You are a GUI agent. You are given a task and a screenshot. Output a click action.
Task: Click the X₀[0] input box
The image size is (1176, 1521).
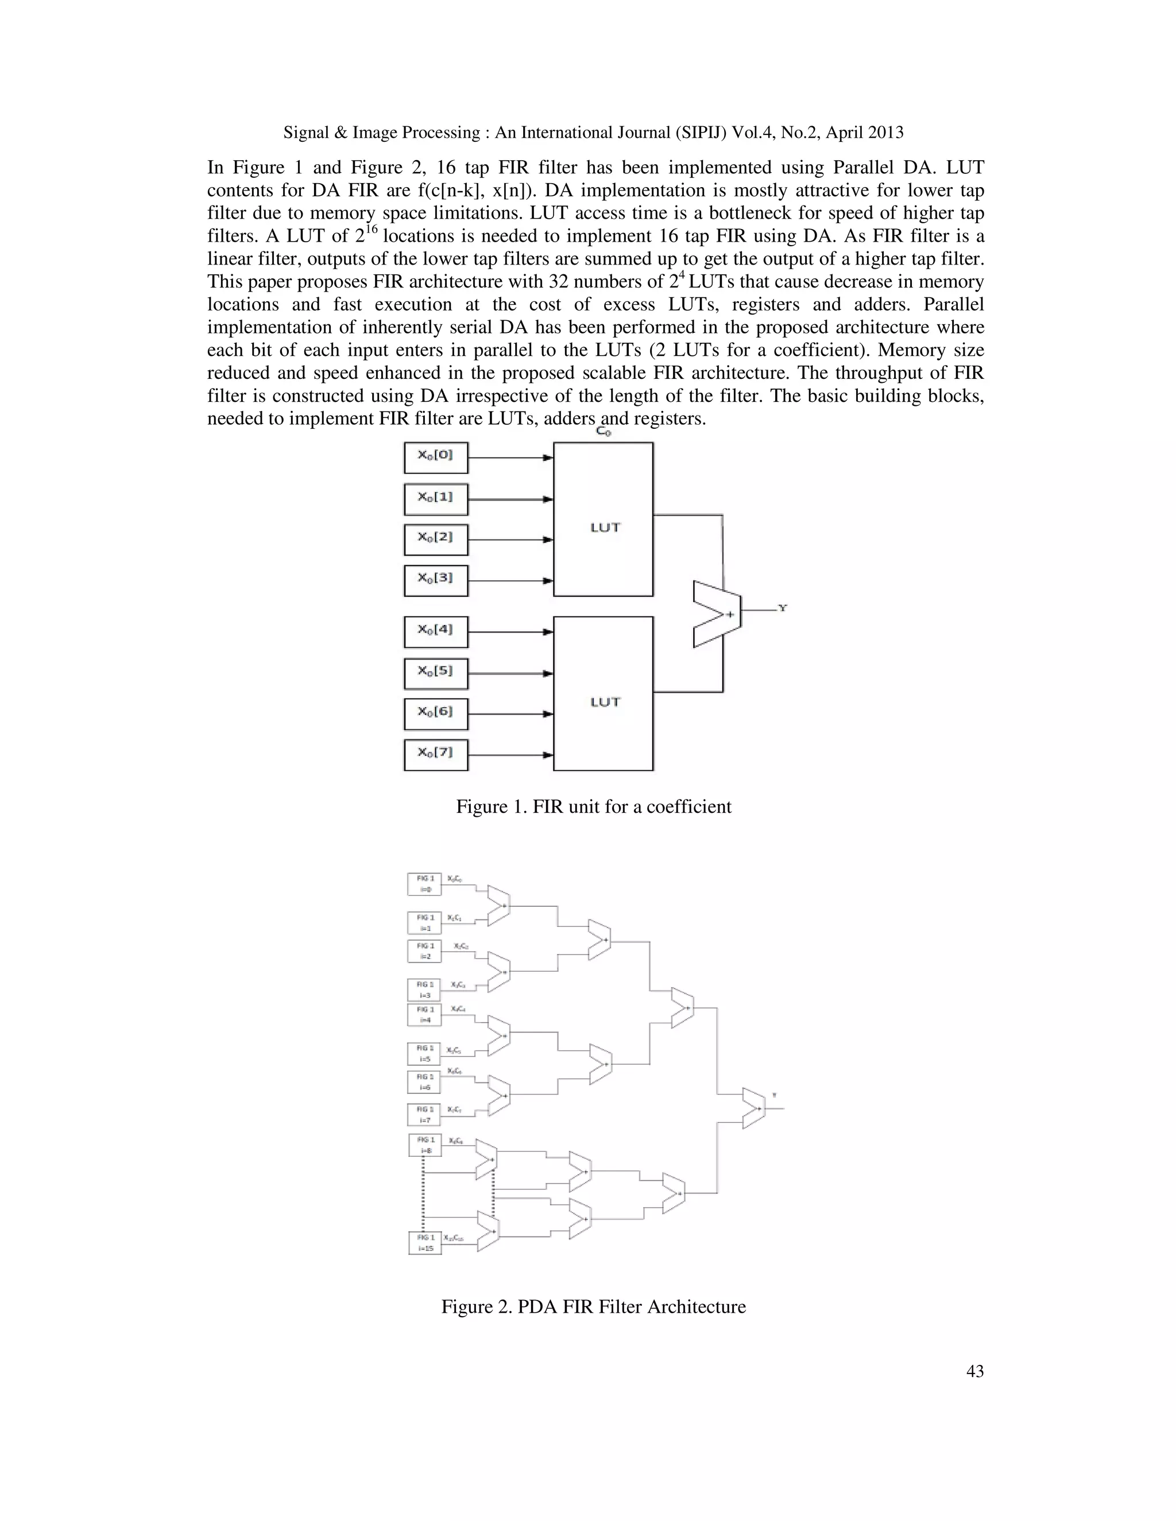point(435,457)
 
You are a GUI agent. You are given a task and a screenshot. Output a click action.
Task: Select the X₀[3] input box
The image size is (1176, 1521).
point(435,580)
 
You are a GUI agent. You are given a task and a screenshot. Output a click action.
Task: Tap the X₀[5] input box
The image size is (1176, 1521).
point(435,673)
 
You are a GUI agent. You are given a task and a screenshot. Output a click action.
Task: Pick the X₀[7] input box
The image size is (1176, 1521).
point(435,754)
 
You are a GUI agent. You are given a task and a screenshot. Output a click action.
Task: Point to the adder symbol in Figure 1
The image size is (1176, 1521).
point(717,614)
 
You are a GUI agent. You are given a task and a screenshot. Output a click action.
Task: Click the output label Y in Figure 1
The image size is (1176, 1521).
point(783,608)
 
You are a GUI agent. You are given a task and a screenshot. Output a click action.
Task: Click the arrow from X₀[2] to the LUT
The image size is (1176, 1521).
point(510,540)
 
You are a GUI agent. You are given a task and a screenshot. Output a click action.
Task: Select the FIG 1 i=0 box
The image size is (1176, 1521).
point(424,884)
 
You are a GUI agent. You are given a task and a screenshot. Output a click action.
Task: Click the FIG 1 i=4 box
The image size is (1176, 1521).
point(424,1015)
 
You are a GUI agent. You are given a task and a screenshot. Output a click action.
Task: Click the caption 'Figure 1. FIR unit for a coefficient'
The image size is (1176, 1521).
point(594,806)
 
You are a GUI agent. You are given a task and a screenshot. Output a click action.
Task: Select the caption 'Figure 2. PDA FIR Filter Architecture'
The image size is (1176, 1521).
point(594,1306)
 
